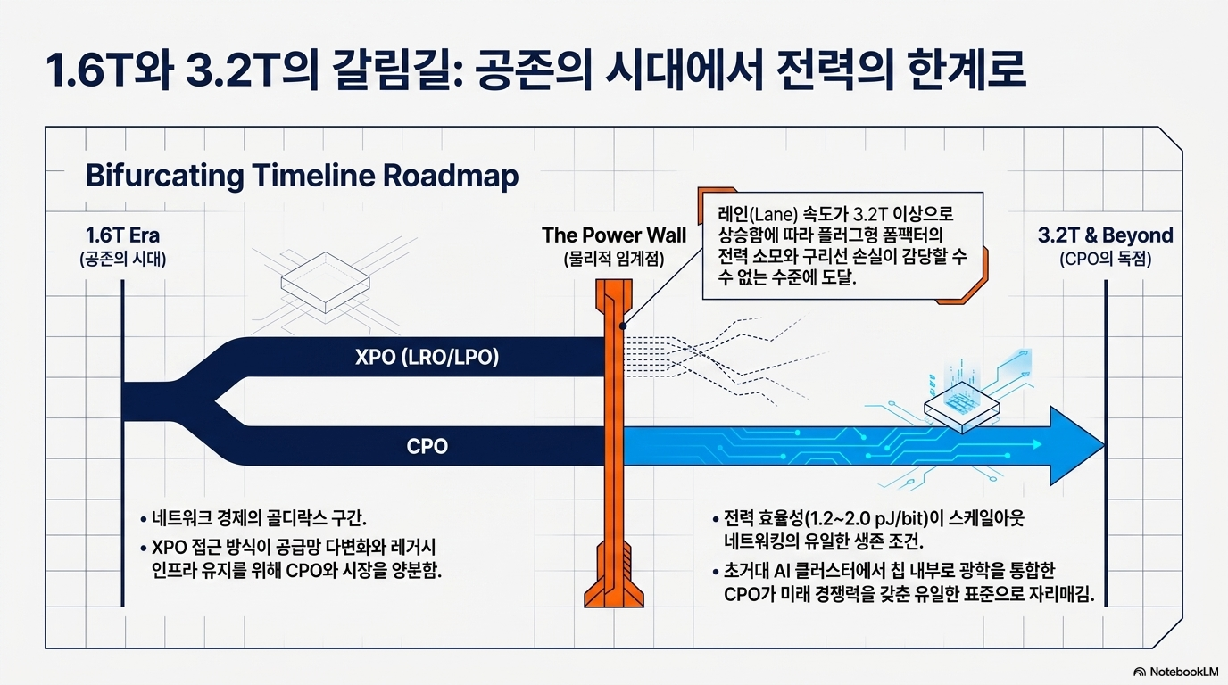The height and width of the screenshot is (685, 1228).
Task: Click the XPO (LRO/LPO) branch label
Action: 427,358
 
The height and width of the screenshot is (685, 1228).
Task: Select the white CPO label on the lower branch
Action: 427,447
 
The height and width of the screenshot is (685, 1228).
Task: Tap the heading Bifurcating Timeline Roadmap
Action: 302,176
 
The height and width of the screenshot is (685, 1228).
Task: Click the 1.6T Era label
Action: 123,235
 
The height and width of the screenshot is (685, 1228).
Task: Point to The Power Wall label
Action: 614,235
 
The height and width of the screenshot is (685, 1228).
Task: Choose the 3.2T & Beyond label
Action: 1105,235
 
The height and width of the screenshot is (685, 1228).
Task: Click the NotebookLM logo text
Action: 1183,672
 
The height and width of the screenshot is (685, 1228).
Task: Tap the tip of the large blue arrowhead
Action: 1104,446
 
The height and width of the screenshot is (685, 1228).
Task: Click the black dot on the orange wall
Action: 623,326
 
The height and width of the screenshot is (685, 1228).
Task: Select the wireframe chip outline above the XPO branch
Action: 325,283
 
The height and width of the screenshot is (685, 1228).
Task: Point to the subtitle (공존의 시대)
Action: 123,259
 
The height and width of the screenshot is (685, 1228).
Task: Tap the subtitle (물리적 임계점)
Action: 614,259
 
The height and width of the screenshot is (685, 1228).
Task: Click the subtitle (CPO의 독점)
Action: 1105,259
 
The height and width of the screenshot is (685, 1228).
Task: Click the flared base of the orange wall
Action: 614,592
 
